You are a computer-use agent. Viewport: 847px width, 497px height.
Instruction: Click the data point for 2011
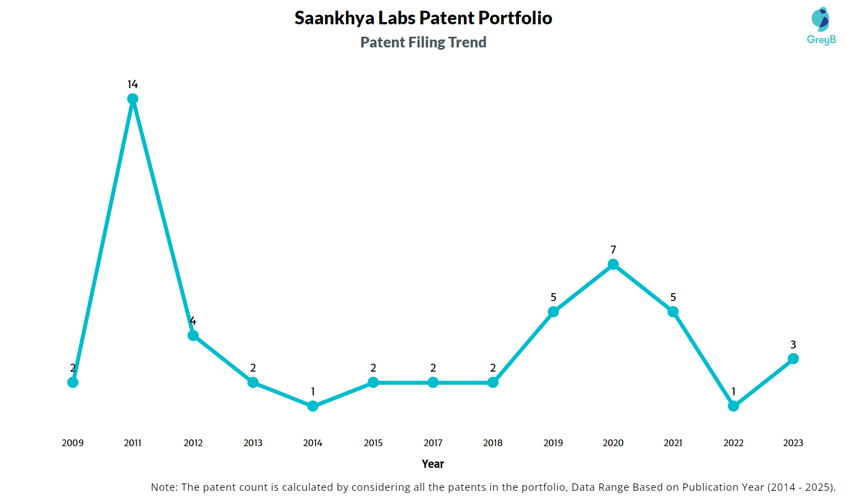coord(133,99)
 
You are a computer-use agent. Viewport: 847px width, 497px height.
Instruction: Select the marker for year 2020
coord(613,264)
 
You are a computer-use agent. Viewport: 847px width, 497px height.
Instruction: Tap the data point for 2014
coord(313,406)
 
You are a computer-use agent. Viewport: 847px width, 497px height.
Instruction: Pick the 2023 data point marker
coord(793,359)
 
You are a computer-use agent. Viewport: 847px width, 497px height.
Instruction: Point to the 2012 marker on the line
coord(193,335)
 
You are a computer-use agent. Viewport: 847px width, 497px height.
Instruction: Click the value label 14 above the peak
coord(133,84)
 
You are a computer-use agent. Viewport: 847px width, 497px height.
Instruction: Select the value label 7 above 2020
coord(613,250)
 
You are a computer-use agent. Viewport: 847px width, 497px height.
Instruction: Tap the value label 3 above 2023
coord(793,345)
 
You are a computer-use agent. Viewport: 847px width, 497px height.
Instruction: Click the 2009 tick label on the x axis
coord(73,443)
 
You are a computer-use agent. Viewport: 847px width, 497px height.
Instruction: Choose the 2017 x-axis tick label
coord(433,443)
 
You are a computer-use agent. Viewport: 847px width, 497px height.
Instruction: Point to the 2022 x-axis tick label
coord(734,443)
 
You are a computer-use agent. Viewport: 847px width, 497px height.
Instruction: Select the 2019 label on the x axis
coord(553,443)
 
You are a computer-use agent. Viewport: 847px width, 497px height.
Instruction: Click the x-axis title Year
coord(433,464)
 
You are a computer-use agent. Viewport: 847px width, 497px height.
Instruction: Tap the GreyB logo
coord(821,26)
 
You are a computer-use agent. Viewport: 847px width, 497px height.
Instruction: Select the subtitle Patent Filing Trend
coord(423,42)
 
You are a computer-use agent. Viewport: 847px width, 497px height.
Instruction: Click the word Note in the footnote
coord(164,487)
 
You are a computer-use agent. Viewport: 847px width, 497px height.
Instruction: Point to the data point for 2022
coord(734,406)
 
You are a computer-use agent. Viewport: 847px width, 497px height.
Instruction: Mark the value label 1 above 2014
coord(313,391)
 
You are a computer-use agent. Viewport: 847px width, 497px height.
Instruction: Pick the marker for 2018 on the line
coord(493,382)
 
